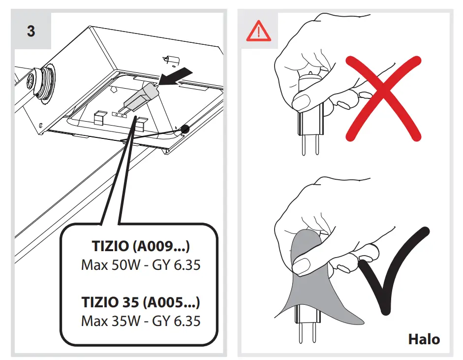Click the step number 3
31,32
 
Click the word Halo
424,339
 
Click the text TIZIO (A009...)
141,245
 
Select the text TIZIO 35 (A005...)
141,301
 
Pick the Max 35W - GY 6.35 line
141,321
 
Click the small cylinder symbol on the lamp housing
171,60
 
